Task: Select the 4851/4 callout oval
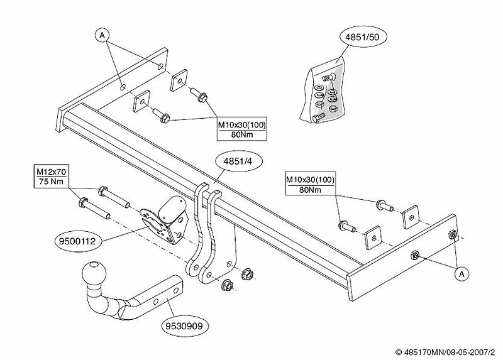(238, 162)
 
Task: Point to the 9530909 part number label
(184, 326)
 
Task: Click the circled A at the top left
(102, 35)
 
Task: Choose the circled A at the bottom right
(462, 274)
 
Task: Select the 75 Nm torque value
(51, 182)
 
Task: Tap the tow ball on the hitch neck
(94, 273)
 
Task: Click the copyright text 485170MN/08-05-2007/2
(446, 352)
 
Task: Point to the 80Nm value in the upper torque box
(242, 134)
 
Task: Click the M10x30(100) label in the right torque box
(310, 180)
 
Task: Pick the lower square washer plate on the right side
(373, 237)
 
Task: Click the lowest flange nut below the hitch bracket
(227, 285)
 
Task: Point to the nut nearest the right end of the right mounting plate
(453, 235)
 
